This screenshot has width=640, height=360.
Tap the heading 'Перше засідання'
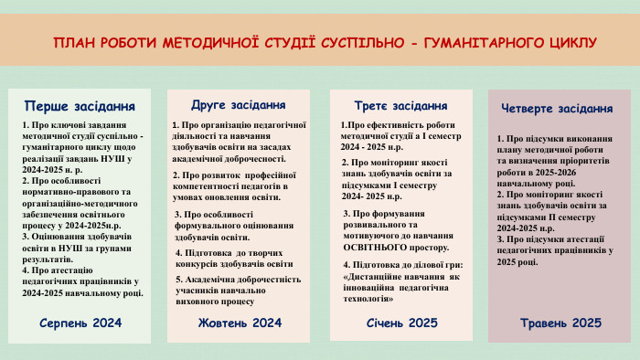point(86,105)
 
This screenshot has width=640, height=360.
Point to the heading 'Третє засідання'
point(400,105)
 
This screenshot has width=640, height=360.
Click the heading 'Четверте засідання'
point(557,108)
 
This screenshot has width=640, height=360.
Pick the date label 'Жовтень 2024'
point(240,323)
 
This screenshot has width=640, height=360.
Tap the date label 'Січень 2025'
point(402,323)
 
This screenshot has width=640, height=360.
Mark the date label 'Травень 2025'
point(560,323)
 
